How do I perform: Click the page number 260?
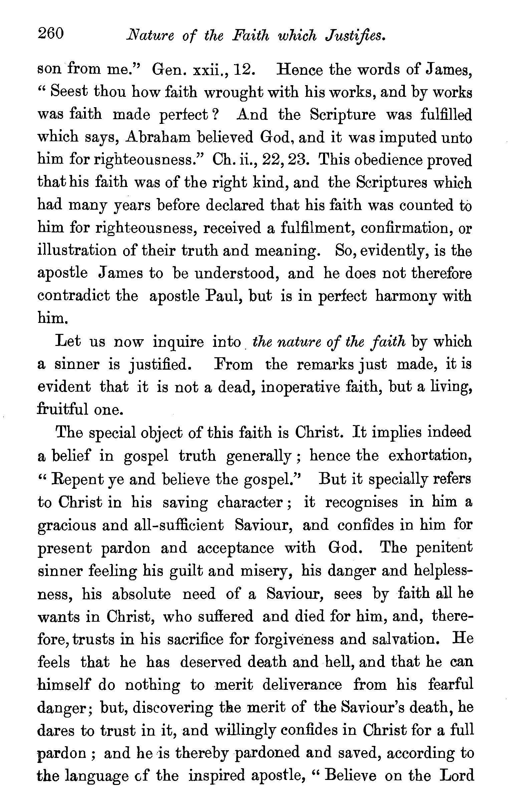point(51,34)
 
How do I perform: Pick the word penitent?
point(444,548)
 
